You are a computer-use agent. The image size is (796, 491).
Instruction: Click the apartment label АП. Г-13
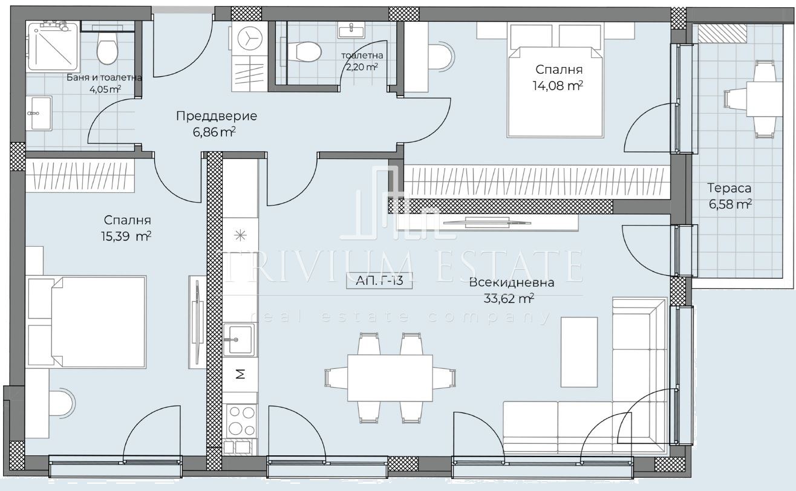(x=379, y=281)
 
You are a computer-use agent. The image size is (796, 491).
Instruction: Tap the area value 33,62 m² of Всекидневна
(x=509, y=299)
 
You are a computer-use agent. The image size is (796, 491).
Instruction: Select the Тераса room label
(x=729, y=188)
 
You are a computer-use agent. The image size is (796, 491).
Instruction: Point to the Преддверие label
(x=217, y=116)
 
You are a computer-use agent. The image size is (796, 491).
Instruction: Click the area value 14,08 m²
(x=558, y=86)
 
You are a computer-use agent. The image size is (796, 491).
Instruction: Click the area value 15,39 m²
(x=126, y=236)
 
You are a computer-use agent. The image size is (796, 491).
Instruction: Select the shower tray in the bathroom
(x=54, y=45)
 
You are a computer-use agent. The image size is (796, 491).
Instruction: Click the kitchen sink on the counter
(x=239, y=340)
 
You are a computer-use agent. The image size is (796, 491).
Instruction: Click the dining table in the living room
(x=390, y=378)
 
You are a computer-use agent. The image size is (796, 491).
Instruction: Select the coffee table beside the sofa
(x=579, y=352)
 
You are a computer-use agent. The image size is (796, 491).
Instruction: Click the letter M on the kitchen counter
(x=241, y=374)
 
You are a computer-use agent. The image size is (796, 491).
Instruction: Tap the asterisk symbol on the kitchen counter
(x=241, y=235)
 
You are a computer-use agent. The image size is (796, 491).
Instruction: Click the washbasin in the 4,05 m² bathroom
(x=40, y=113)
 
